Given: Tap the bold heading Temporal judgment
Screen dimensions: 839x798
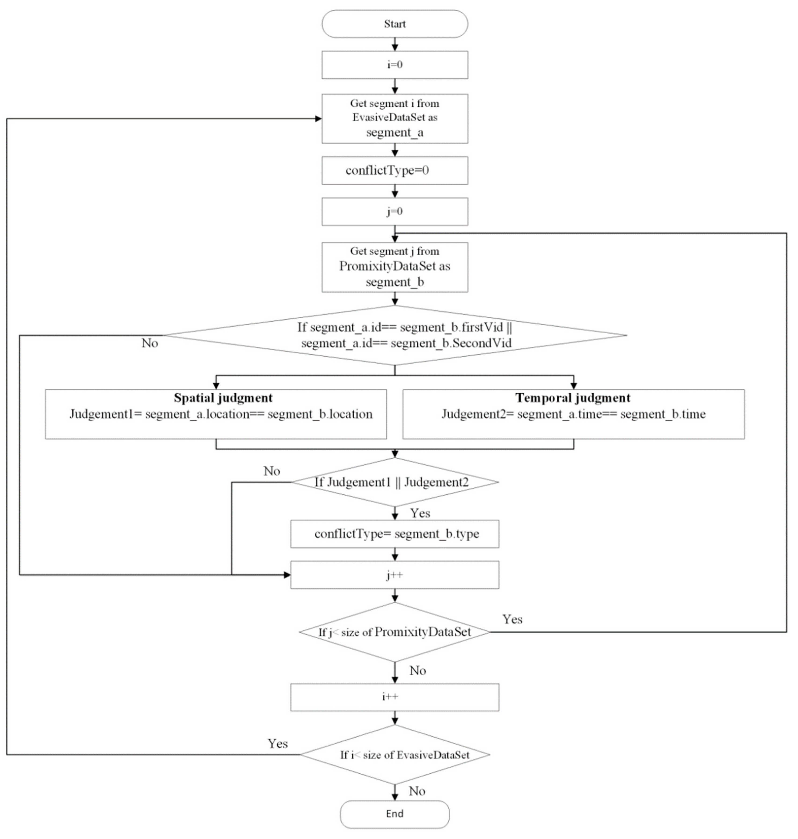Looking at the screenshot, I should [573, 398].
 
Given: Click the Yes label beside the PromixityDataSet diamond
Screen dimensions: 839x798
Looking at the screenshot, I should [512, 619].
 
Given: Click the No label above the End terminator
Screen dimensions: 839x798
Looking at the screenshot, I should [417, 791].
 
